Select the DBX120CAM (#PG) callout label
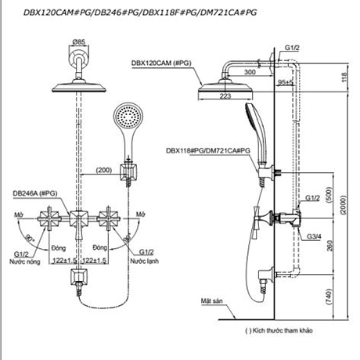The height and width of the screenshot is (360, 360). pyautogui.click(x=162, y=63)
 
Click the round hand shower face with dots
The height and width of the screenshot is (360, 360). pyautogui.click(x=125, y=118)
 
